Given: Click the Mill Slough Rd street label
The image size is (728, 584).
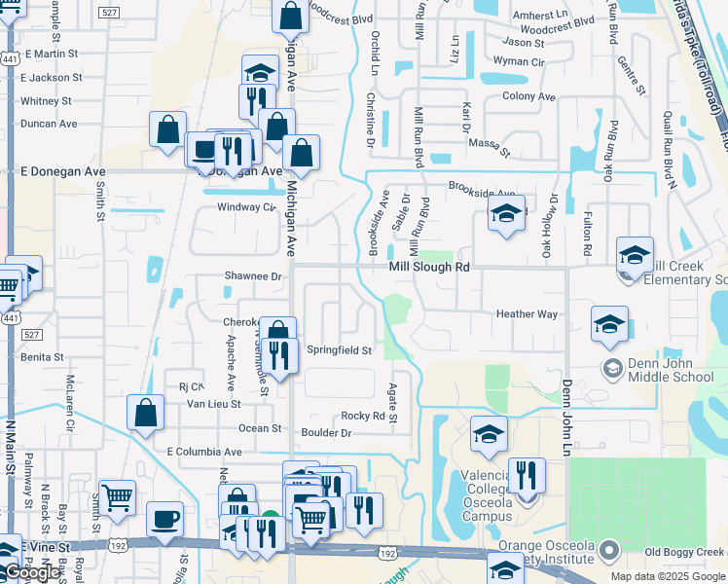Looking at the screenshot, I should pyautogui.click(x=429, y=266).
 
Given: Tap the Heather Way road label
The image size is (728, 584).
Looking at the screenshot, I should pyautogui.click(x=527, y=314).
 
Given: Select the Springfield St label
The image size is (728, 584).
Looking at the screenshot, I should pyautogui.click(x=340, y=350).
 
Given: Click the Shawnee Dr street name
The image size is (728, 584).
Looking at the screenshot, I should pyautogui.click(x=253, y=276).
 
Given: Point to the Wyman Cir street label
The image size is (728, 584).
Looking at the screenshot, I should pyautogui.click(x=519, y=61).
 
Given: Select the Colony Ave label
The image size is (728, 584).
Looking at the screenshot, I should pyautogui.click(x=528, y=96).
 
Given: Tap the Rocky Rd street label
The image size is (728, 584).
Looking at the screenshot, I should pyautogui.click(x=364, y=416).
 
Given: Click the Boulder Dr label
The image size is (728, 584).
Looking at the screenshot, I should pyautogui.click(x=326, y=433).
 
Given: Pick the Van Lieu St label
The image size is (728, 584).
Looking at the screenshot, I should pyautogui.click(x=214, y=404).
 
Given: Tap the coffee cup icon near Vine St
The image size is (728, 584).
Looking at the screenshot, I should pyautogui.click(x=164, y=519).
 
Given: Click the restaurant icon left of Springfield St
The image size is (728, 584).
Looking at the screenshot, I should pyautogui.click(x=279, y=355).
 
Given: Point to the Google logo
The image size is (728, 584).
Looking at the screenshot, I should pyautogui.click(x=31, y=573).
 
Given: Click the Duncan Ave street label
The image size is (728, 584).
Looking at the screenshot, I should pyautogui.click(x=49, y=125).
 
